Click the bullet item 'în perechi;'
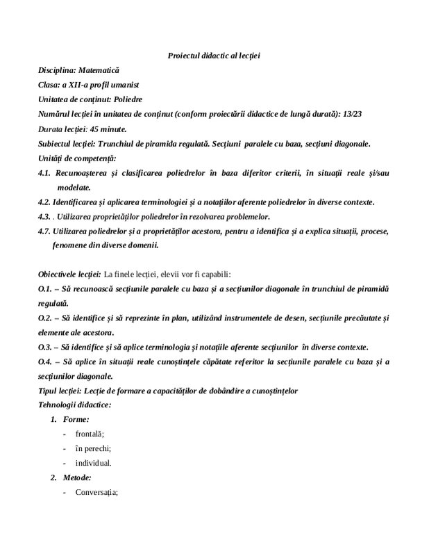tap(94, 448)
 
